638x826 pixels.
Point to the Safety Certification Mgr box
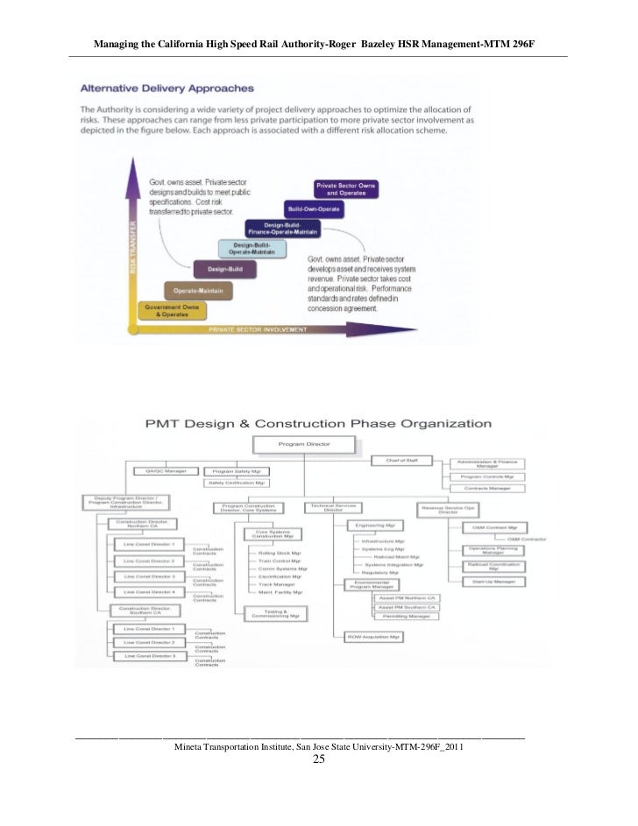[236, 483]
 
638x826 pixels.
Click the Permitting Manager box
[406, 616]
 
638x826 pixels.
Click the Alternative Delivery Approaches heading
[167, 88]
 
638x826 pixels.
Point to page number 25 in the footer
[318, 759]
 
